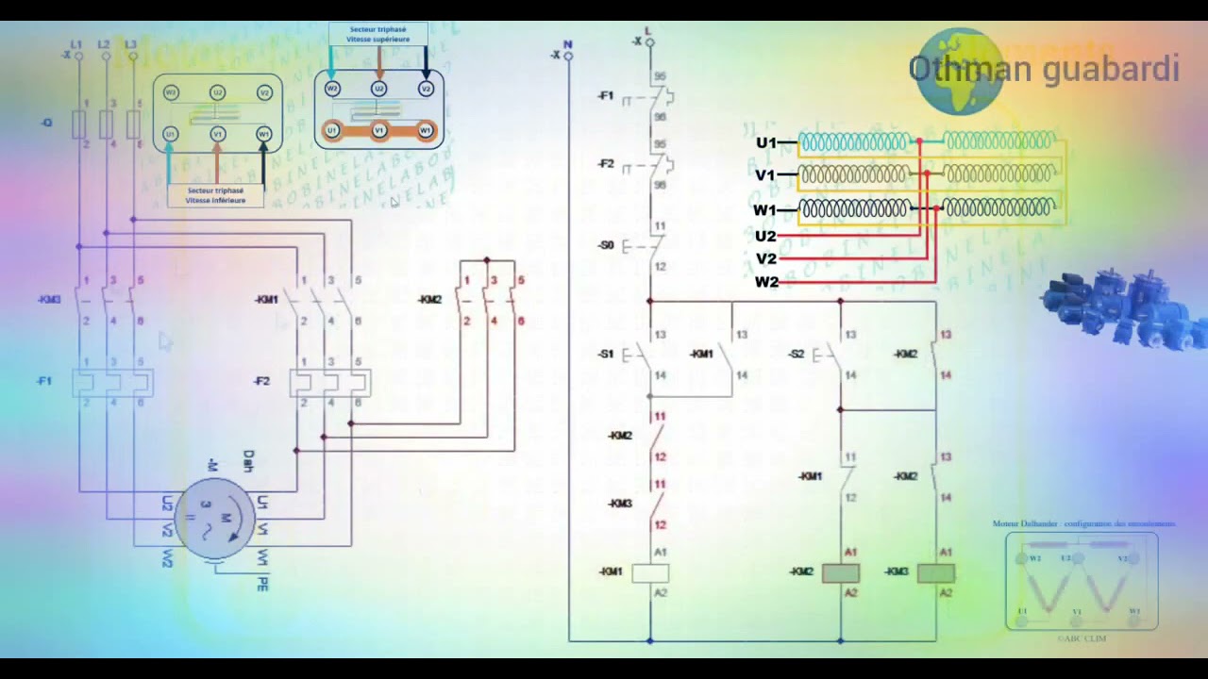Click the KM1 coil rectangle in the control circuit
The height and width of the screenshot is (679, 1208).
coord(650,572)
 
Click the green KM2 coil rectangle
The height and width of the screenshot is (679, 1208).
coord(841,572)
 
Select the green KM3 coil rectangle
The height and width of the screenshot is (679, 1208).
coord(935,572)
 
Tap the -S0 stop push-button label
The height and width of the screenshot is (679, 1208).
coord(606,245)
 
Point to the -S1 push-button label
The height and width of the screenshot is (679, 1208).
coord(606,355)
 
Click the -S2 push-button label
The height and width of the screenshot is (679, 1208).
coord(797,355)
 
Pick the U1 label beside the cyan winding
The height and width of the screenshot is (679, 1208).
coord(765,142)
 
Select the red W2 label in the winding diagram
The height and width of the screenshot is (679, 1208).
coord(766,282)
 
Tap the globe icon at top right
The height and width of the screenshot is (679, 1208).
coord(958,71)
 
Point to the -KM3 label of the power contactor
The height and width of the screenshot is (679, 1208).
coord(49,300)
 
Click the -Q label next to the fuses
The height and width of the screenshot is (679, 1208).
coord(46,123)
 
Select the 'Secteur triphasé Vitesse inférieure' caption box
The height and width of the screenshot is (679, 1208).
coord(215,195)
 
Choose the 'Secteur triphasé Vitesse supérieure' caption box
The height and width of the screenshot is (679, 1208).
coord(378,35)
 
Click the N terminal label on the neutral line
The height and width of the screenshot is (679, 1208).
coord(567,44)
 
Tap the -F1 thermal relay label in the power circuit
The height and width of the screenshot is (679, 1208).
coord(44,381)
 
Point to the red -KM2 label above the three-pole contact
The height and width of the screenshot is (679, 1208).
coord(430,300)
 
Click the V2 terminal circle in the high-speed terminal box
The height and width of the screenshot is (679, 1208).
coord(426,89)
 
